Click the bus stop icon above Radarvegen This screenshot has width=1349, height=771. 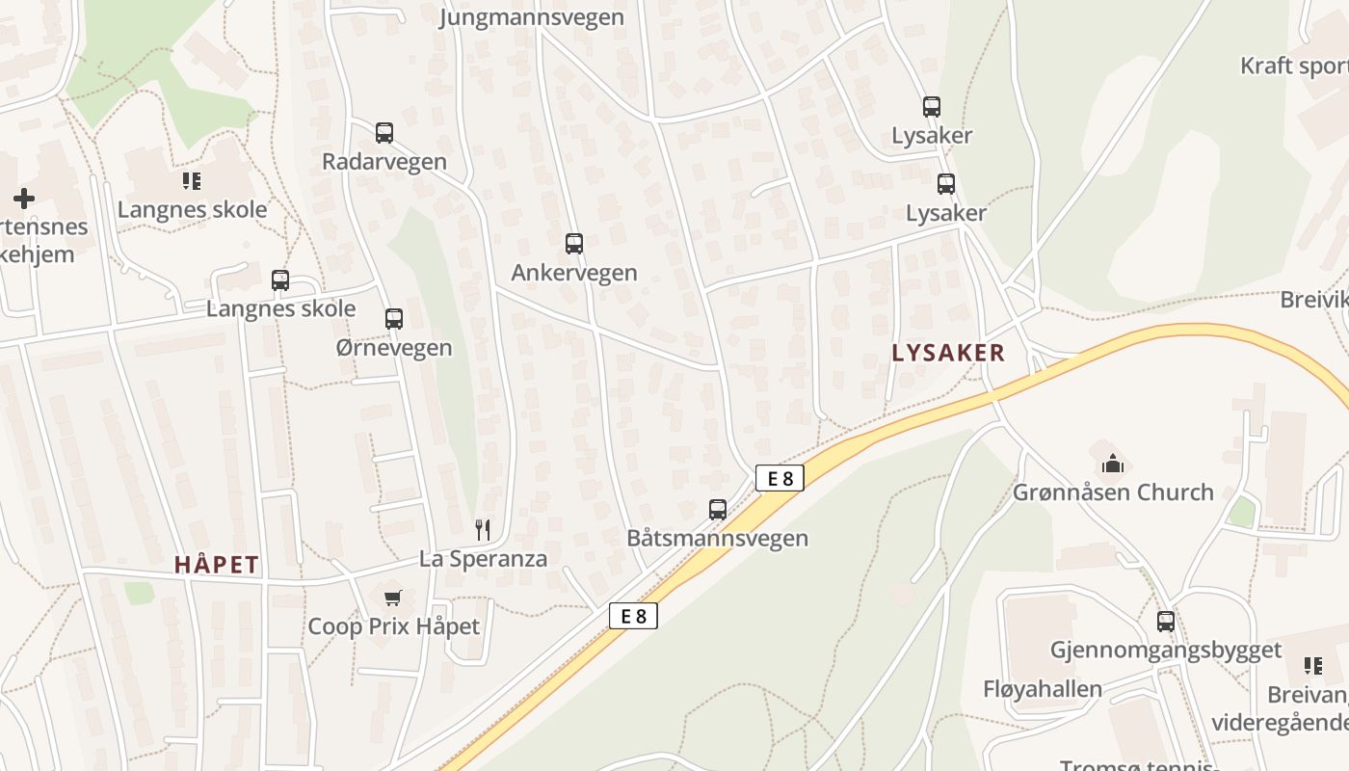[x=384, y=133]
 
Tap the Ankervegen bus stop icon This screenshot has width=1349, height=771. [x=574, y=244]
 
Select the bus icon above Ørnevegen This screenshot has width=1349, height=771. [x=393, y=319]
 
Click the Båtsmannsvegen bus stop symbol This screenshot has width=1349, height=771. [x=718, y=510]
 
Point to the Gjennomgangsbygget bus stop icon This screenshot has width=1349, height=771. [x=1166, y=622]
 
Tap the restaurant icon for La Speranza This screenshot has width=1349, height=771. [x=483, y=529]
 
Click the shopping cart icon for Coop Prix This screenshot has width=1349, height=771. [x=392, y=598]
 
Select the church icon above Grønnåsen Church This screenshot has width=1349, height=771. [x=1113, y=464]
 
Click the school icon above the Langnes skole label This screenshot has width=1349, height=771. [x=191, y=180]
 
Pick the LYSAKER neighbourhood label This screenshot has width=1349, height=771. [x=948, y=353]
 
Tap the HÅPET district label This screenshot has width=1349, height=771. [x=217, y=565]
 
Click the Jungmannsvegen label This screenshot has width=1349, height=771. [x=532, y=17]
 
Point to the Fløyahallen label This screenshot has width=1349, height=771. [x=1043, y=689]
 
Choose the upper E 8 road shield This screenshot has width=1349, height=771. [x=780, y=478]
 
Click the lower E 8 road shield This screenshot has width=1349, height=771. [x=633, y=616]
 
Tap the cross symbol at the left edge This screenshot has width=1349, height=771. [x=24, y=199]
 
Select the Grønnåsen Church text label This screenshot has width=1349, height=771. [x=1113, y=492]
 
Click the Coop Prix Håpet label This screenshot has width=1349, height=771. [x=393, y=626]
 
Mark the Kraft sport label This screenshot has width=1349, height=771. [x=1294, y=66]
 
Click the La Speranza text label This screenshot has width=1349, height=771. [x=483, y=559]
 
